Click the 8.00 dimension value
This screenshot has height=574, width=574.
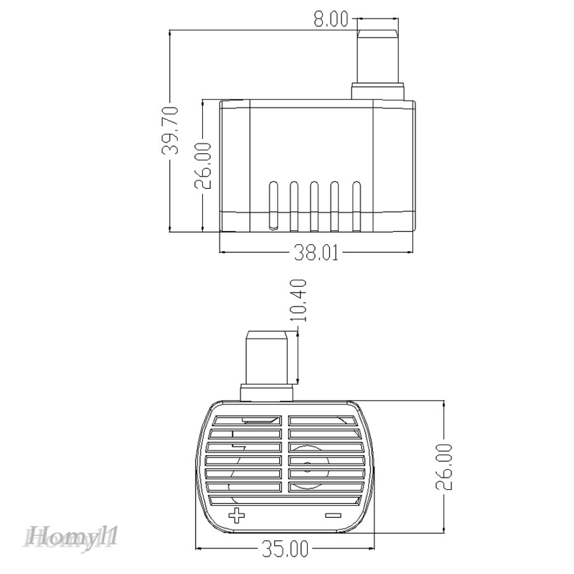tap(330, 21)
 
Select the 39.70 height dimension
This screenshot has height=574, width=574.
tap(172, 131)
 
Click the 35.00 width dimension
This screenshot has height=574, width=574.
tap(285, 550)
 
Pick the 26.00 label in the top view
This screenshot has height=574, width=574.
tap(205, 165)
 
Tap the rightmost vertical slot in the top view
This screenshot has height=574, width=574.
tap(356, 204)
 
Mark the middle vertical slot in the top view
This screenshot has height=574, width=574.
tap(314, 204)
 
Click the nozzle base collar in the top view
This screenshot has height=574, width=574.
tap(378, 93)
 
